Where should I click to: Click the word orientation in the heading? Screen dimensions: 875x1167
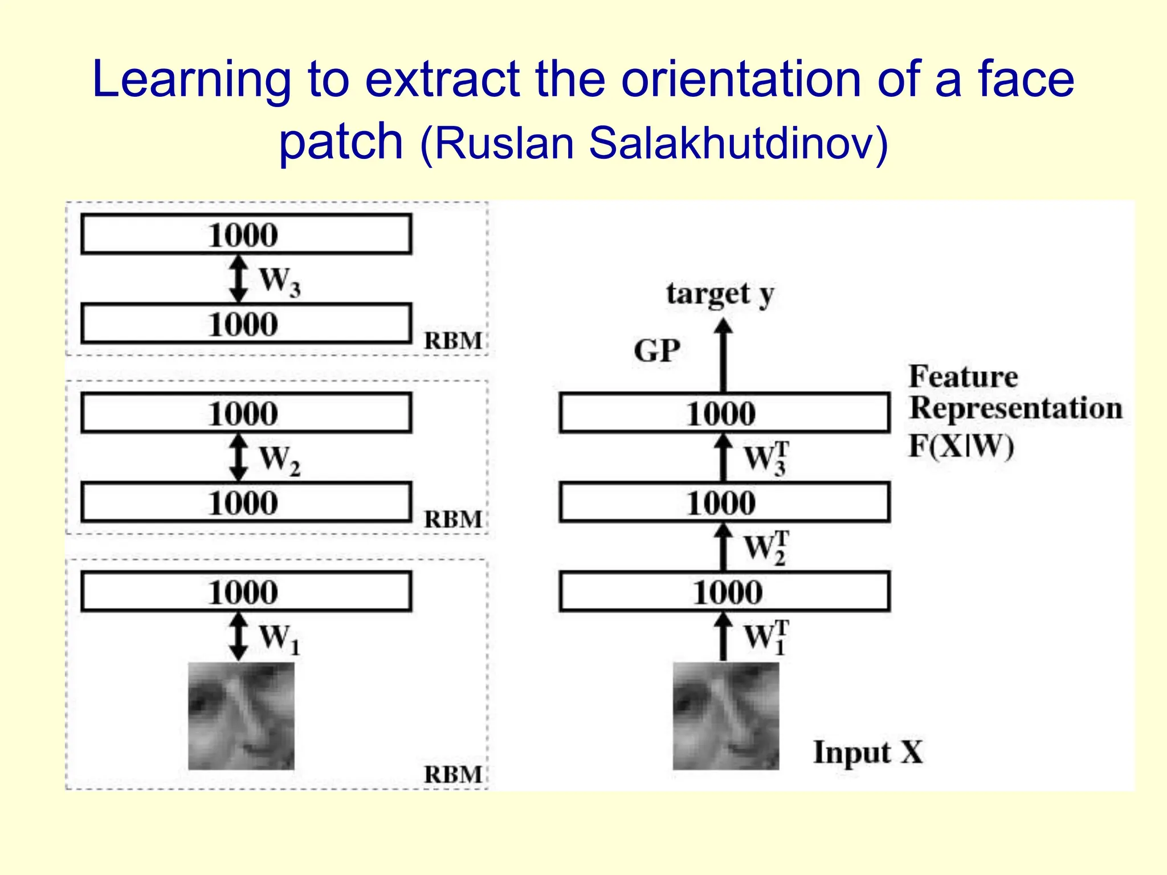[x=741, y=80]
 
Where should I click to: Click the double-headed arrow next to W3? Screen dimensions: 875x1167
[x=238, y=279]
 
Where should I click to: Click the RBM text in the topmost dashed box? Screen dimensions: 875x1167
[x=453, y=341]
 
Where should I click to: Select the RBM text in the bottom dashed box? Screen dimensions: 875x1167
[x=453, y=774]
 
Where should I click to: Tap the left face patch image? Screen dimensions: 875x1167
[x=241, y=715]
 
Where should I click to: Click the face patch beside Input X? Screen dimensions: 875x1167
[x=725, y=715]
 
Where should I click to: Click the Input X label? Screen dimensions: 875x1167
[x=867, y=752]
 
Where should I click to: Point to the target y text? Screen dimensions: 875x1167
[x=720, y=295]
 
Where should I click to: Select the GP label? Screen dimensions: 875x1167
[x=657, y=350]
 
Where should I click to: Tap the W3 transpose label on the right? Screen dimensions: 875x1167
[x=766, y=457]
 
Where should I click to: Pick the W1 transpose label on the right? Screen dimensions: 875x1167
[x=766, y=637]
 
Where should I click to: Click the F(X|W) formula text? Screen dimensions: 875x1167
[x=961, y=446]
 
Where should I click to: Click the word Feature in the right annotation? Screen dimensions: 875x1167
[x=963, y=377]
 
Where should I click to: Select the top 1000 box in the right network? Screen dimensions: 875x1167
[x=724, y=413]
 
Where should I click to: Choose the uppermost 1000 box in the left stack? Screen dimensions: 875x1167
[x=246, y=234]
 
